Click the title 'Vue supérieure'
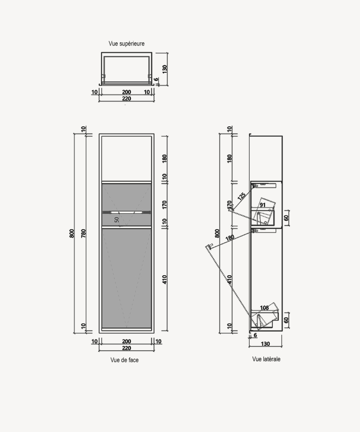click(x=126, y=44)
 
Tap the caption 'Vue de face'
click(x=125, y=360)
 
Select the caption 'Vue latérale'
click(x=266, y=359)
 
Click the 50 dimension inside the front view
click(x=117, y=218)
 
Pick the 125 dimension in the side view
click(x=241, y=196)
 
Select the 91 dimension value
click(x=262, y=204)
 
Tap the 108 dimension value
click(x=265, y=307)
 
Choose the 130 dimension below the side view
click(x=266, y=344)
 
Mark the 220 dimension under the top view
click(x=126, y=99)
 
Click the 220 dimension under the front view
click(x=126, y=349)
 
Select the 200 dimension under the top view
click(x=126, y=92)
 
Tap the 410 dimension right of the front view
click(x=165, y=279)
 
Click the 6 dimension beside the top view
click(x=156, y=80)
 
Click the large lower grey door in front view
click(x=126, y=277)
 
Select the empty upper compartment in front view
click(x=126, y=157)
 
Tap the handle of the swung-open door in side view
click(x=209, y=246)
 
